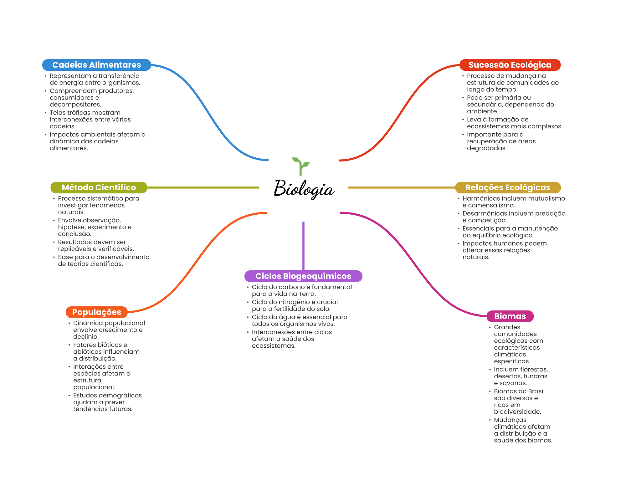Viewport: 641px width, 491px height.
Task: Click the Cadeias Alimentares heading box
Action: (96, 65)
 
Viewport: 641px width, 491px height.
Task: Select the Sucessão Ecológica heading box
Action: (510, 65)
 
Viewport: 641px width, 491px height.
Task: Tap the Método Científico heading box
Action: (99, 187)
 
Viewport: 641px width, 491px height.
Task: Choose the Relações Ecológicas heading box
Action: (507, 187)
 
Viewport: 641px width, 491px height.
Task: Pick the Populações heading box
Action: (96, 312)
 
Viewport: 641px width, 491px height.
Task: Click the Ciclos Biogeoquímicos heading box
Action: (303, 276)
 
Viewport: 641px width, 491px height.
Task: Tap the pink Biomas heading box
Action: (510, 316)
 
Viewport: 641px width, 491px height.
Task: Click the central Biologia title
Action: (304, 189)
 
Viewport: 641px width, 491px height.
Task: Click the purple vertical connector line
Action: (303, 246)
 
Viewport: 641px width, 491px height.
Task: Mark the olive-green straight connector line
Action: (203, 187)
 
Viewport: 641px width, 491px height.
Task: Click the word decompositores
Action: (75, 105)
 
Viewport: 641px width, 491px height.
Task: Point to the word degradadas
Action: (487, 148)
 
